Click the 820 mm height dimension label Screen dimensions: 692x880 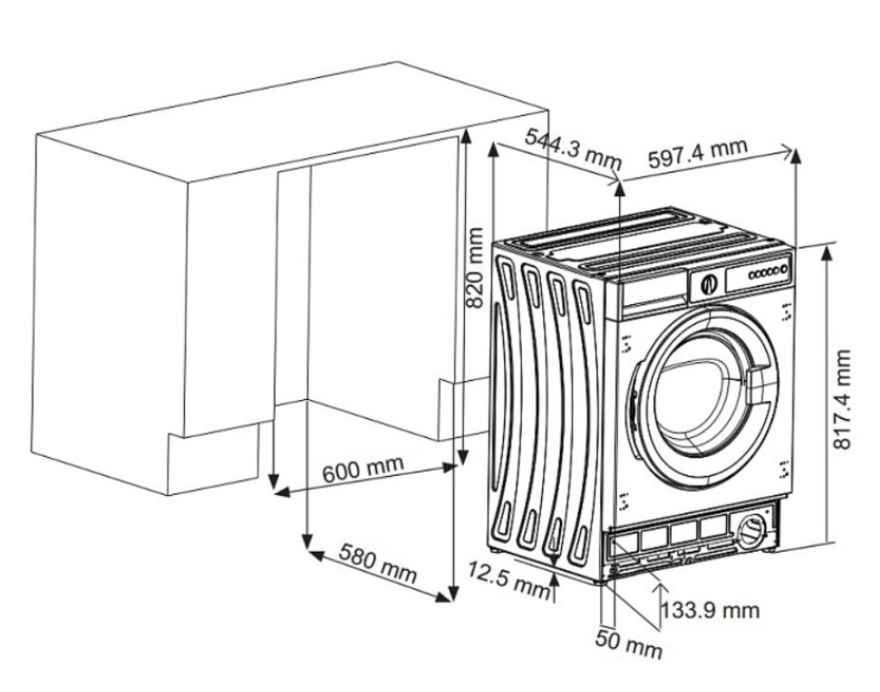[x=475, y=267]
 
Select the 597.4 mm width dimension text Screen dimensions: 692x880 [x=697, y=155]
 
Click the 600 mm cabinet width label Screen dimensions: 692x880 [x=363, y=470]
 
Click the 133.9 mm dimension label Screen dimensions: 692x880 [x=711, y=611]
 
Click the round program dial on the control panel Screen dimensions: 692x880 [x=709, y=283]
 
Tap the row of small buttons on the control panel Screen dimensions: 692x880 [x=768, y=272]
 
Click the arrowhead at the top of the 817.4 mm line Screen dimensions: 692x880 [x=827, y=251]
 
